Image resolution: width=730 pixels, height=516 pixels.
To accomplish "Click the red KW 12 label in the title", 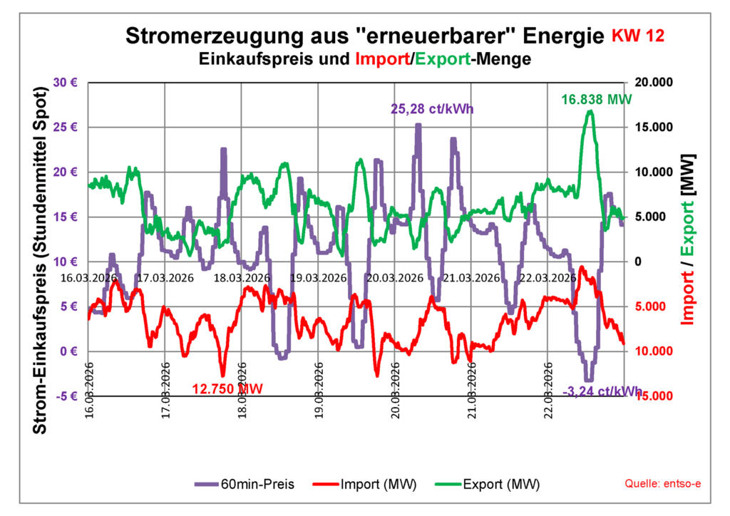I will [639, 36].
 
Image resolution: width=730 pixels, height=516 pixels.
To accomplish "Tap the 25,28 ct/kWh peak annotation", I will [432, 109].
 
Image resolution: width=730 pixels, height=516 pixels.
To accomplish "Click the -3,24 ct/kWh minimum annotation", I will [602, 391].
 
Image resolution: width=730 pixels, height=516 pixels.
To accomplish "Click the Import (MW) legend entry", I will [364, 485].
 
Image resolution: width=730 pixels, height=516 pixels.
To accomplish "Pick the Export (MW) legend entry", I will [487, 485].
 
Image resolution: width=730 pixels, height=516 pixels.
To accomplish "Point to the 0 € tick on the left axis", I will [68, 351].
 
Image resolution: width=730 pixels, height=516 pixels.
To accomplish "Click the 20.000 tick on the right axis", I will [652, 82].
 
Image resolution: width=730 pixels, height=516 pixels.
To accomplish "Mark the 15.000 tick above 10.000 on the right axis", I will [652, 127].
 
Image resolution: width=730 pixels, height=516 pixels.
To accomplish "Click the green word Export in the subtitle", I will [442, 59].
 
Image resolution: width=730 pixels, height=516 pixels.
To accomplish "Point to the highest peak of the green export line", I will [590, 111].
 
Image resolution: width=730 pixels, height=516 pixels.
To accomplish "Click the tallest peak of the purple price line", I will [418, 125].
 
